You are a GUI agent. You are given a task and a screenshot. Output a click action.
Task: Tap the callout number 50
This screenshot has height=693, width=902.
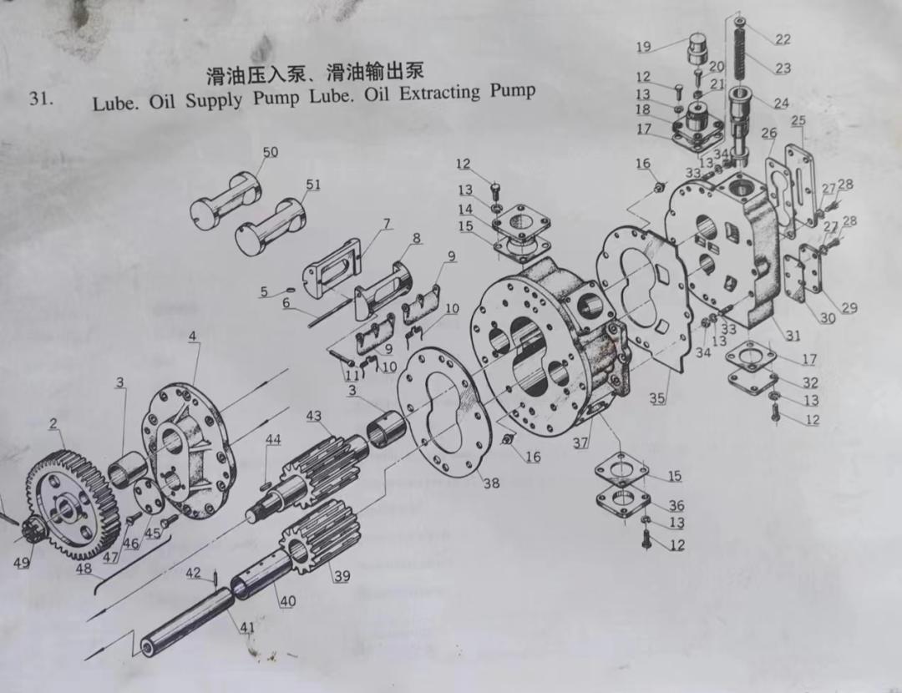[x=270, y=152]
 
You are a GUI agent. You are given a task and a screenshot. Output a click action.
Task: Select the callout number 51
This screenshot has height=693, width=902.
[x=313, y=185]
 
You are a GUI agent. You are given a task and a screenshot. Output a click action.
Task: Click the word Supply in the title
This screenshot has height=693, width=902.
[x=214, y=102]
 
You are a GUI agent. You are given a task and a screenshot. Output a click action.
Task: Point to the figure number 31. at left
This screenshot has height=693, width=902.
[x=41, y=99]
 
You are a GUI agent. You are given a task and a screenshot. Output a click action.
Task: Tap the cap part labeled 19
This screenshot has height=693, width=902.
[x=697, y=51]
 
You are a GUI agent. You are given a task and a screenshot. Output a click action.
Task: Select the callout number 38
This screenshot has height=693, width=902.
[x=491, y=483]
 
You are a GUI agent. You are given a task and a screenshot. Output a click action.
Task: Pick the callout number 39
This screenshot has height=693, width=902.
[x=342, y=576]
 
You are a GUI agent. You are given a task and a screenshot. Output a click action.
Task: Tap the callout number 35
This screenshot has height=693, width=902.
[x=657, y=398]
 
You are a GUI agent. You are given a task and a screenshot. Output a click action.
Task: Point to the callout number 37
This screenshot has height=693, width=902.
[x=581, y=443]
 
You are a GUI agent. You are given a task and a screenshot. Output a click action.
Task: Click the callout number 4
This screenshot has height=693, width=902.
[x=193, y=336]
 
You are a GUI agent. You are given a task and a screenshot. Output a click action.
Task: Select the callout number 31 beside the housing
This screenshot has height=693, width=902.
[x=793, y=335]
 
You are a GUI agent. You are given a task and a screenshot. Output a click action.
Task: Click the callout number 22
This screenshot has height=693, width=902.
[x=783, y=39]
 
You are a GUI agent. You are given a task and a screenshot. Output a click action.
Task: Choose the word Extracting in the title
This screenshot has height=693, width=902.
[x=439, y=93]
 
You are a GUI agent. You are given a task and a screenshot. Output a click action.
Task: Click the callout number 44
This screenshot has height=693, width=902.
[x=273, y=440]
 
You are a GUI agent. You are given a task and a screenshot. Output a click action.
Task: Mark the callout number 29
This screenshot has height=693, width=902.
[x=849, y=308]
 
